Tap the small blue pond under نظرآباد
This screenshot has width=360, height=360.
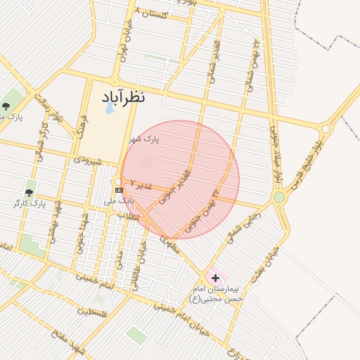pyautogui.click(x=109, y=109)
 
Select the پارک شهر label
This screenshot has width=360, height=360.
pyautogui.click(x=143, y=139)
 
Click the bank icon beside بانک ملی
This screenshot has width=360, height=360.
pyautogui.click(x=119, y=190)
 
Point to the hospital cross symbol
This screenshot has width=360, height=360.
pyautogui.click(x=214, y=278)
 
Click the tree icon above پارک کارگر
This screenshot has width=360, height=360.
pyautogui.click(x=29, y=192)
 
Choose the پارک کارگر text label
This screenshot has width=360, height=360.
pyautogui.click(x=29, y=204)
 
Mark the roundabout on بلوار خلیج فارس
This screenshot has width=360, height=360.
pyautogui.click(x=325, y=129)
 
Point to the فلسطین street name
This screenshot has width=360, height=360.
pyautogui.click(x=93, y=311)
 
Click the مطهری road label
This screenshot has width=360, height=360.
pyautogui.click(x=169, y=243)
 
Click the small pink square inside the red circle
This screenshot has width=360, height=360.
pyautogui.click(x=146, y=162)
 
